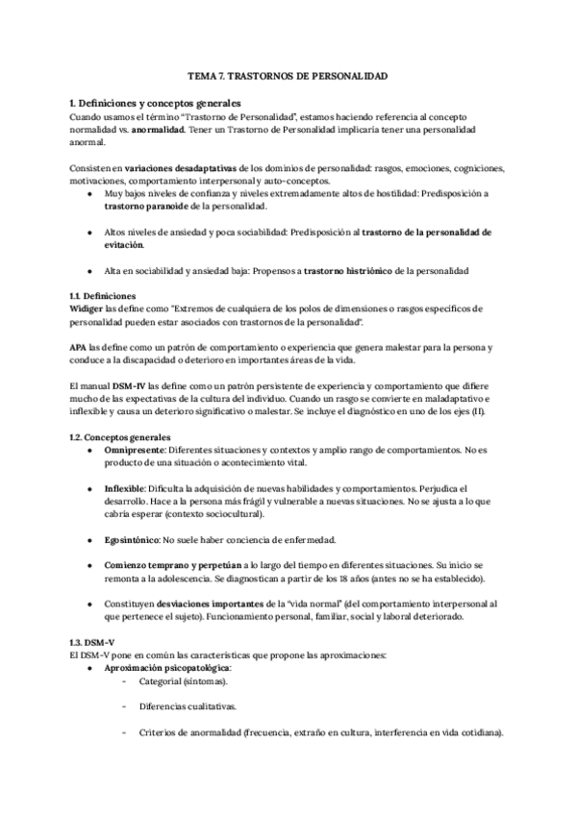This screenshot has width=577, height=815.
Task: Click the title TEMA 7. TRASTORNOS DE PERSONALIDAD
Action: click(x=288, y=74)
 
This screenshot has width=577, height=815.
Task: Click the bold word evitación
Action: click(x=129, y=245)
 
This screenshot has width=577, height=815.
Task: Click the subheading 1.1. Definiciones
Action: click(x=103, y=296)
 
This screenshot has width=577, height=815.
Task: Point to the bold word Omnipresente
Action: click(x=137, y=449)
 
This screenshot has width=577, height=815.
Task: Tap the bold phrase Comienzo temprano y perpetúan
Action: click(x=175, y=566)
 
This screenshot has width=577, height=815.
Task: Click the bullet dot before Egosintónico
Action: click(x=89, y=540)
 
